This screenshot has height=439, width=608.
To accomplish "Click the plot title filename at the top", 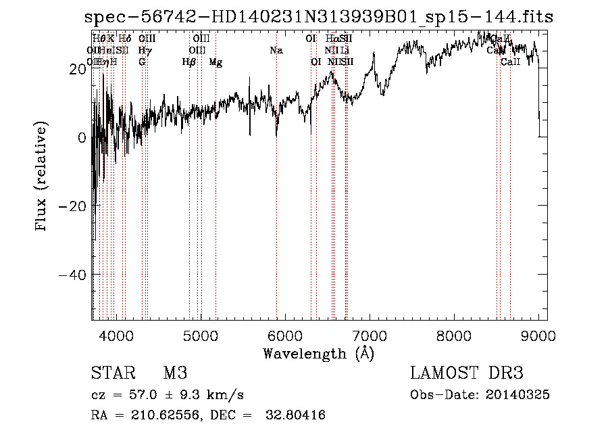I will click(319, 18).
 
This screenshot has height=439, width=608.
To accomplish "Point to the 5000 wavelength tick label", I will click(201, 335).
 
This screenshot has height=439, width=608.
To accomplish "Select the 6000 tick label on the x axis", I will click(285, 335).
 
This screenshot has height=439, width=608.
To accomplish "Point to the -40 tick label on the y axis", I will click(73, 275).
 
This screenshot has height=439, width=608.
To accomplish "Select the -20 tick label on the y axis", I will click(73, 206).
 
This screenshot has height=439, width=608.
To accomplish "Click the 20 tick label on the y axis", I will click(77, 68).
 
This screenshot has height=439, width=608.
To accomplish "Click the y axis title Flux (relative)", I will click(42, 177).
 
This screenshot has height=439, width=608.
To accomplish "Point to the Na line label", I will click(276, 51).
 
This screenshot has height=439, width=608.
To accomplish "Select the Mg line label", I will click(216, 62).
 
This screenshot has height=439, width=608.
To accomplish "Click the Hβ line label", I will click(189, 62).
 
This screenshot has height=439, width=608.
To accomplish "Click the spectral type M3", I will click(174, 373).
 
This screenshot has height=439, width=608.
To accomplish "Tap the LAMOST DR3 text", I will click(466, 373).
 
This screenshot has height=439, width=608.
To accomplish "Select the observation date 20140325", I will click(520, 395).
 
